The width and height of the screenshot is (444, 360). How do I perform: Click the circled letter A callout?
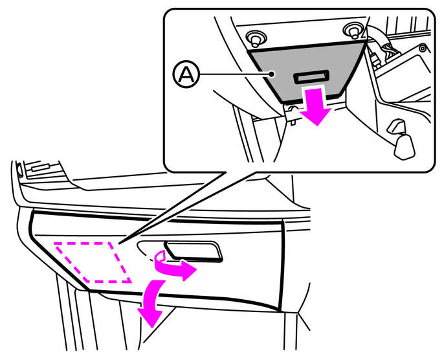click(186, 74)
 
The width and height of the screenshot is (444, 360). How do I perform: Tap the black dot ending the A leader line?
click(272, 74)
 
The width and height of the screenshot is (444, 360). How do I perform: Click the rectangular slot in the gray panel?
click(311, 77)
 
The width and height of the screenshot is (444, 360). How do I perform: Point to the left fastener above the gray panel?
click(256, 38)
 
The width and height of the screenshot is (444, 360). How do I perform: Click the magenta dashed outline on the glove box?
click(93, 262)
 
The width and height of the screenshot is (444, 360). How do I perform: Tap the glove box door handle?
click(194, 251)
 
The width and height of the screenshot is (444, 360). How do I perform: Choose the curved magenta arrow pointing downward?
click(149, 300)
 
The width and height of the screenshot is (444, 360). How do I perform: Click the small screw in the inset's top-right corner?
click(423, 49)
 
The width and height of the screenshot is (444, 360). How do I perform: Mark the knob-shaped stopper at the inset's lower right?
click(402, 140)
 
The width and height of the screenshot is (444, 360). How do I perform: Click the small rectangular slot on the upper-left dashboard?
click(41, 168)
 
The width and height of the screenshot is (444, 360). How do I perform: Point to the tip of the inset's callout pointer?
click(119, 243)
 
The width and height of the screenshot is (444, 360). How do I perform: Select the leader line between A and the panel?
click(234, 74)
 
